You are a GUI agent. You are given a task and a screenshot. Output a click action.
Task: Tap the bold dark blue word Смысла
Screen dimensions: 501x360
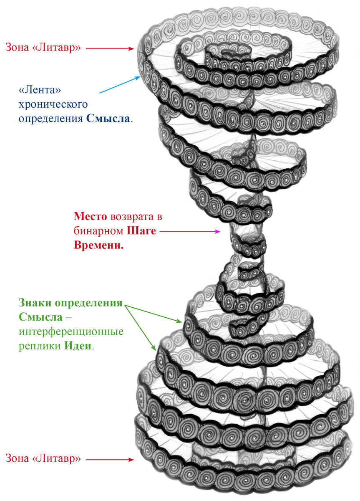click(108, 118)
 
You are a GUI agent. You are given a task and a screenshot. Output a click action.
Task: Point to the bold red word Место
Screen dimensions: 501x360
click(89, 217)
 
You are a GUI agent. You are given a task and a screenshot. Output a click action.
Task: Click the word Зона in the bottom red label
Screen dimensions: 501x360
click(17, 458)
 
